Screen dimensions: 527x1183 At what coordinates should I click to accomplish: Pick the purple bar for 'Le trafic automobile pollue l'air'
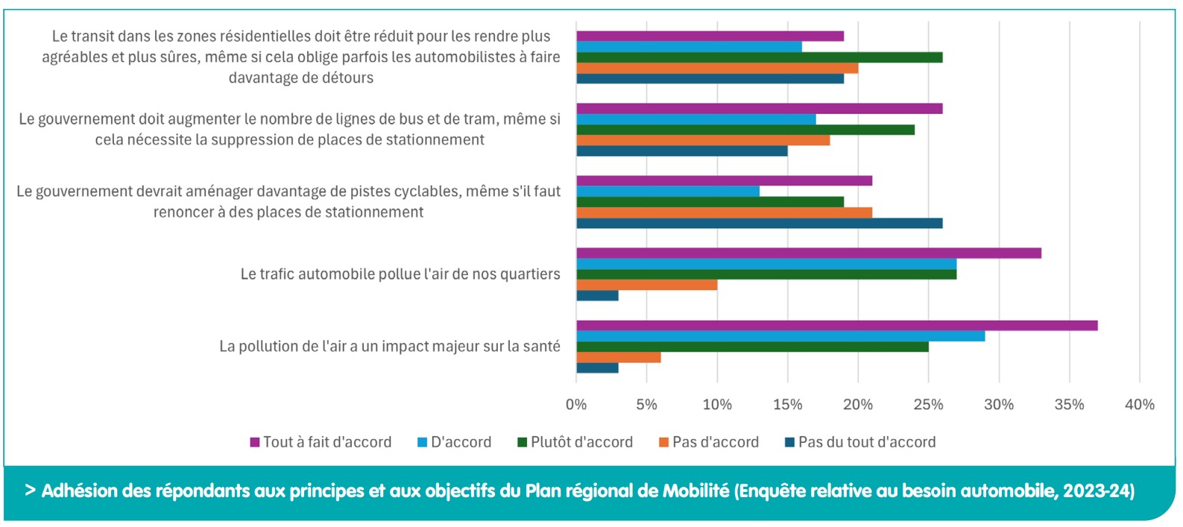pyautogui.click(x=809, y=253)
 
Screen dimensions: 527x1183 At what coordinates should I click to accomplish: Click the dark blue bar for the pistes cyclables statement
pyautogui.click(x=759, y=223)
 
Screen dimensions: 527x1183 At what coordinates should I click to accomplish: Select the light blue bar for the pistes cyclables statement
pyautogui.click(x=668, y=192)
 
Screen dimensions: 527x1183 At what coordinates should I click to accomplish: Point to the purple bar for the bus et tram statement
pyautogui.click(x=759, y=109)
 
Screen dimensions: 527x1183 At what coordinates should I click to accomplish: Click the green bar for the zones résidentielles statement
pyautogui.click(x=759, y=57)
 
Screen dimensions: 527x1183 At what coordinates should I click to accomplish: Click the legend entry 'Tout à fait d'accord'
pyautogui.click(x=326, y=442)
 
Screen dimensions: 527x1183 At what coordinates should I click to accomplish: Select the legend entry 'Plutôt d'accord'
pyautogui.click(x=581, y=442)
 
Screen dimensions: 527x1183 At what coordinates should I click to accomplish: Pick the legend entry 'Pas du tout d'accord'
pyautogui.click(x=866, y=442)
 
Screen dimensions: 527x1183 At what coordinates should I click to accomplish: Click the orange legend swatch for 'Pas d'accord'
pyautogui.click(x=663, y=443)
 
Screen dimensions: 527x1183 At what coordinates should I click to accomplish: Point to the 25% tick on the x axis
pyautogui.click(x=928, y=405)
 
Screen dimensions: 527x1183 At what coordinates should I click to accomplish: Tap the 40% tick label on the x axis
pyautogui.click(x=1139, y=405)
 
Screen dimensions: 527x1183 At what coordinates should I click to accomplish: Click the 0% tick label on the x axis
pyautogui.click(x=576, y=405)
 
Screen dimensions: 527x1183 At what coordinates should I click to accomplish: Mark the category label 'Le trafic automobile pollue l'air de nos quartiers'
pyautogui.click(x=400, y=274)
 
